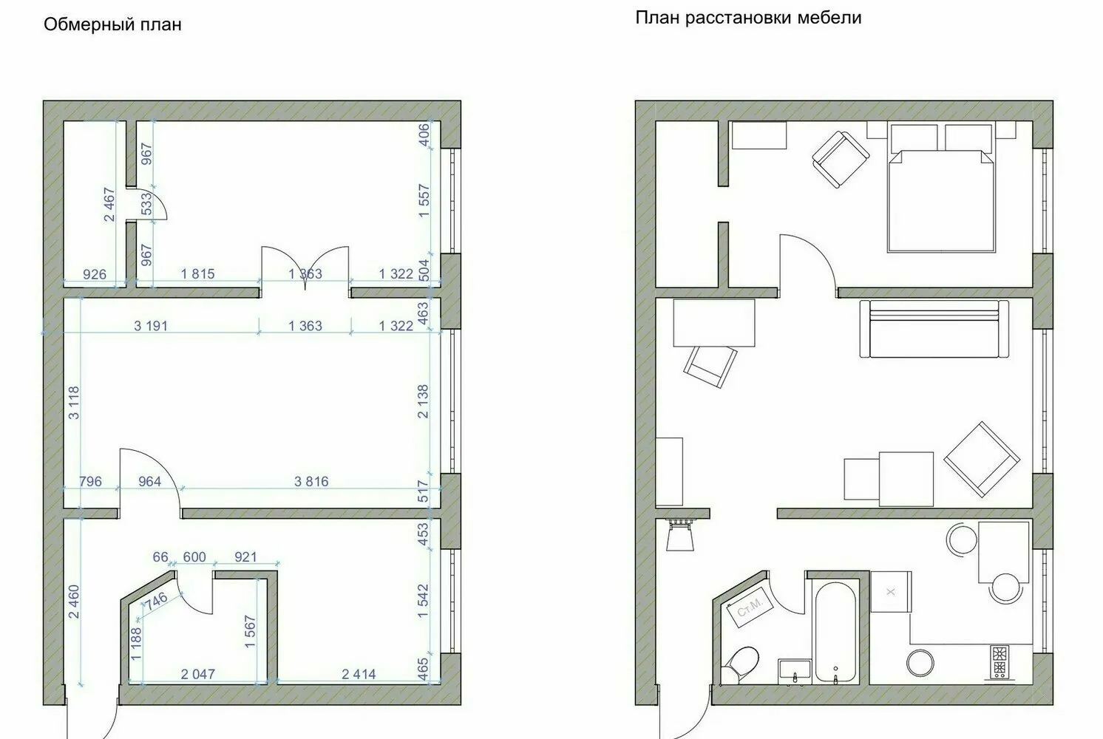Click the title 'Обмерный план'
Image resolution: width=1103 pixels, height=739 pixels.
tap(112, 25)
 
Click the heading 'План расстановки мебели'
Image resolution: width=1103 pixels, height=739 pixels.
tap(748, 18)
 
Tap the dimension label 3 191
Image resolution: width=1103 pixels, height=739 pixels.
tap(151, 325)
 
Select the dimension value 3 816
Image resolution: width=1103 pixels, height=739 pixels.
tap(311, 482)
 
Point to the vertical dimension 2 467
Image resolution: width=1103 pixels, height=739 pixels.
tap(109, 205)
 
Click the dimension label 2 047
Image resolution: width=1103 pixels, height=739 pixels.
tap(198, 674)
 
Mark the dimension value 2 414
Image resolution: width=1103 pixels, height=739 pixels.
tap(359, 674)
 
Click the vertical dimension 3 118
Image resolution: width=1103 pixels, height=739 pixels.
tap(73, 403)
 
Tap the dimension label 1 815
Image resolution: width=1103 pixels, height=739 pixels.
tap(197, 274)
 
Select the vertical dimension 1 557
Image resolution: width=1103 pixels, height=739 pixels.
tap(424, 201)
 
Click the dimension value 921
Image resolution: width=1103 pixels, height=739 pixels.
tap(245, 556)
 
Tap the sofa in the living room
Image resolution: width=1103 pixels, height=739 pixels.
tap(934, 329)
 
